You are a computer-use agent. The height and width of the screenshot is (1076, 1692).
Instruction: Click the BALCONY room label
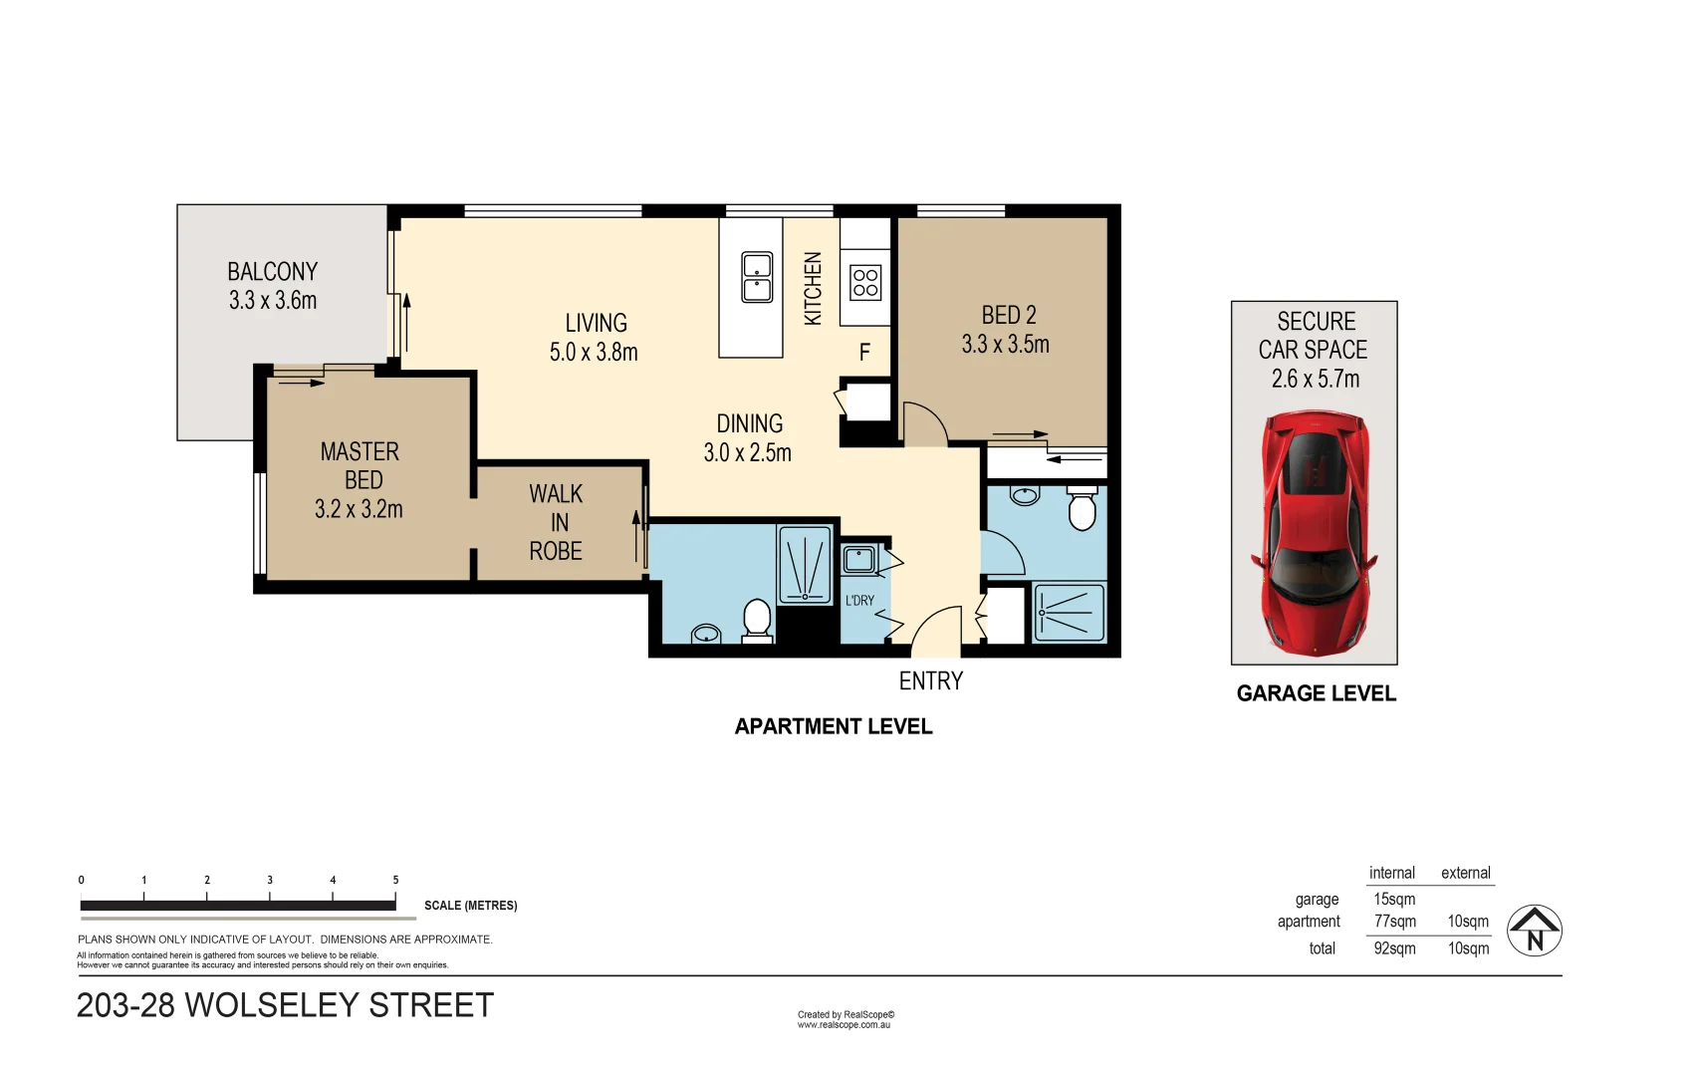click(x=272, y=272)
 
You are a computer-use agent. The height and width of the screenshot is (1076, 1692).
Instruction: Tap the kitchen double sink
click(x=757, y=277)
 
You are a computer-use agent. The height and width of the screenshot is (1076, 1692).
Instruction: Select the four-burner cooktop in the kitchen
click(x=865, y=283)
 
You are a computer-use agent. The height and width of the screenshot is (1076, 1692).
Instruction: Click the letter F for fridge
click(x=864, y=353)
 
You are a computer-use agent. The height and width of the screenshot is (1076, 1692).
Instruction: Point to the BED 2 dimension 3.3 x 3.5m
click(x=1005, y=345)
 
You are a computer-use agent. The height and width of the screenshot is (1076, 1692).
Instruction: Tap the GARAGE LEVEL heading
click(x=1316, y=693)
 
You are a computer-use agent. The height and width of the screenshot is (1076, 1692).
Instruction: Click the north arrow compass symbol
click(x=1534, y=931)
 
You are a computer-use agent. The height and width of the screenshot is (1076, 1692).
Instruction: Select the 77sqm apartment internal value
click(x=1394, y=922)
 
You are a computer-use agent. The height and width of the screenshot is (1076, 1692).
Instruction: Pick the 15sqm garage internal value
click(x=1394, y=899)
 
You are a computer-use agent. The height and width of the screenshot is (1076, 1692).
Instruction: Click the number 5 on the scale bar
click(x=395, y=880)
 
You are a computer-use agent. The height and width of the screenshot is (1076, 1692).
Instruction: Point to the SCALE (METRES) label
click(x=470, y=906)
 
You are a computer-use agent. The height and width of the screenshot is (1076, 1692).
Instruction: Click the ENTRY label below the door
click(x=930, y=681)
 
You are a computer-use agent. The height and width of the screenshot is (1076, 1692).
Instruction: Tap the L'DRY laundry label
click(x=859, y=601)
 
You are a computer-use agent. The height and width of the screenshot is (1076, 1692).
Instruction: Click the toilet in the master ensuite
click(x=757, y=620)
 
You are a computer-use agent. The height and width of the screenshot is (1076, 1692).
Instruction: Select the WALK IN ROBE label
click(x=556, y=522)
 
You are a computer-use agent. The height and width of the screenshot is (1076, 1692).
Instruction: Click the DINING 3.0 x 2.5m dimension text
click(x=747, y=453)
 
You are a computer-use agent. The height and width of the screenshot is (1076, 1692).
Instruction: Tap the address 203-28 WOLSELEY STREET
click(x=285, y=1005)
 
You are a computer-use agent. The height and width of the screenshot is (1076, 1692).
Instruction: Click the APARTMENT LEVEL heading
click(x=833, y=726)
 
